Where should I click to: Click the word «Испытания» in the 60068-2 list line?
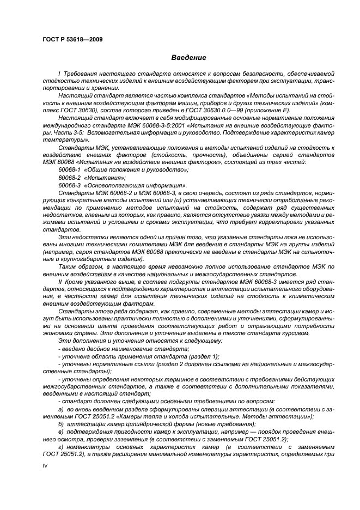coord(105,178)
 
